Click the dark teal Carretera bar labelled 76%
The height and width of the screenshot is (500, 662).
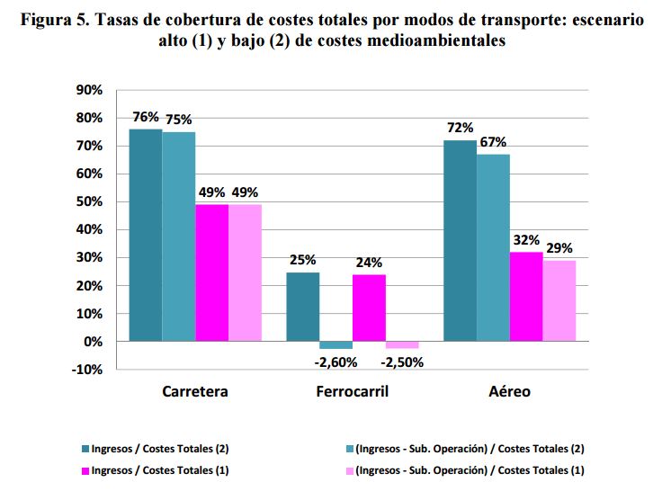pos(146,236)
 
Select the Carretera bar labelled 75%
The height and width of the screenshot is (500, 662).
pos(179,237)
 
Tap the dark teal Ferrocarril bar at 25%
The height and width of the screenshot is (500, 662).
pos(302,307)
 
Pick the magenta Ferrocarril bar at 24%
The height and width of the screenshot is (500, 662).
pos(369,308)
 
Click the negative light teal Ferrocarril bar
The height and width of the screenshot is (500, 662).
pos(335,345)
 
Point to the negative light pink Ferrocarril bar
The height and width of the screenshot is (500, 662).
pos(402,345)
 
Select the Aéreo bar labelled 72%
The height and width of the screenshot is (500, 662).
pos(460,241)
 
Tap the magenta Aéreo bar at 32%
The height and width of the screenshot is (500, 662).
pos(526,297)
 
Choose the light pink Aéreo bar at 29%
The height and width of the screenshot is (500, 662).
pos(559,301)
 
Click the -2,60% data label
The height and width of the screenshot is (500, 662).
pos(335,362)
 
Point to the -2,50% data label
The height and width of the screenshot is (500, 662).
pos(402,362)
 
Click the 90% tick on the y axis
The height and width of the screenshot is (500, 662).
pos(92,90)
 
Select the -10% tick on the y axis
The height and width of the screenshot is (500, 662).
pos(90,370)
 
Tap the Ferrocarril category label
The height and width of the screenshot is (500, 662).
pos(353,392)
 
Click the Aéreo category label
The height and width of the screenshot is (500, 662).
pos(509,392)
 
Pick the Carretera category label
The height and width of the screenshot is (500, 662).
pos(195,392)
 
